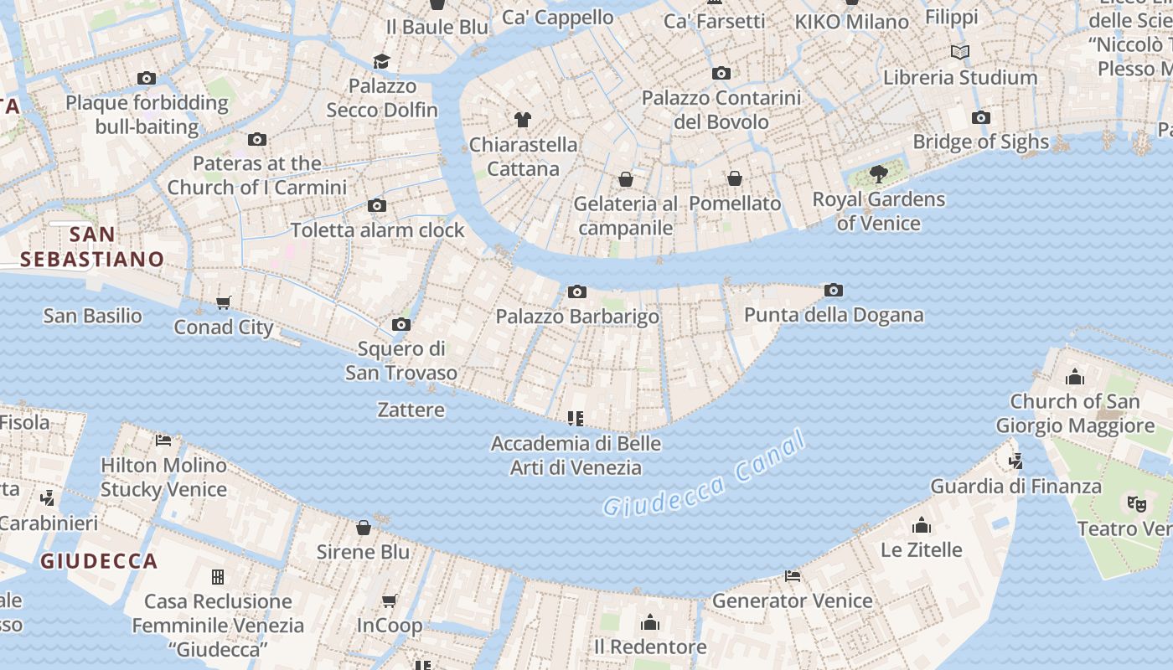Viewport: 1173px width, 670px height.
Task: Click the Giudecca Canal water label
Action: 704,475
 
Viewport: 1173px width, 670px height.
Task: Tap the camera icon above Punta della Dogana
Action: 833,291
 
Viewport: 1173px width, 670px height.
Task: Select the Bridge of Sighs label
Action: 980,142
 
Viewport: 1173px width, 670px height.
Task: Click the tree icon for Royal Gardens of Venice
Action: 878,174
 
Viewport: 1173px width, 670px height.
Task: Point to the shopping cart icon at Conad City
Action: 223,302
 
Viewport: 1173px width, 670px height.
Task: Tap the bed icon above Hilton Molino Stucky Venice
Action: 163,440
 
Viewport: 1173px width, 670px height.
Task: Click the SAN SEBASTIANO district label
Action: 92,246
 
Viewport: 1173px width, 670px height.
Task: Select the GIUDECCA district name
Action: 99,561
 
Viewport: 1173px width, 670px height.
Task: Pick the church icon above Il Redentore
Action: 649,622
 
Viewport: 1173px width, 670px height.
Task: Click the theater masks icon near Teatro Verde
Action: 1136,503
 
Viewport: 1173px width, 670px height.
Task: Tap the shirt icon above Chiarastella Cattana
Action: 523,120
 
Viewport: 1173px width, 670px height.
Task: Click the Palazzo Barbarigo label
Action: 577,317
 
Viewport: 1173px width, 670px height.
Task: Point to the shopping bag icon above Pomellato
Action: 734,178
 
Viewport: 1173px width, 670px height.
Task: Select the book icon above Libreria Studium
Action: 960,53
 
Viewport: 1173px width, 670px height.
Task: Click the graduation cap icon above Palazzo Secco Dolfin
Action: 382,61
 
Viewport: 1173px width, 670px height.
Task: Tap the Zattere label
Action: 411,410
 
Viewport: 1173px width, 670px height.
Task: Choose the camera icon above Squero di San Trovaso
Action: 401,324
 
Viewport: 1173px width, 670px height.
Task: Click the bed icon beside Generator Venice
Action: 792,576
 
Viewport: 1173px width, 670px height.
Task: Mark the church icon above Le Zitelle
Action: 922,525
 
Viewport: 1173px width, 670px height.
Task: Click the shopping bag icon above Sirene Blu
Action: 364,528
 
